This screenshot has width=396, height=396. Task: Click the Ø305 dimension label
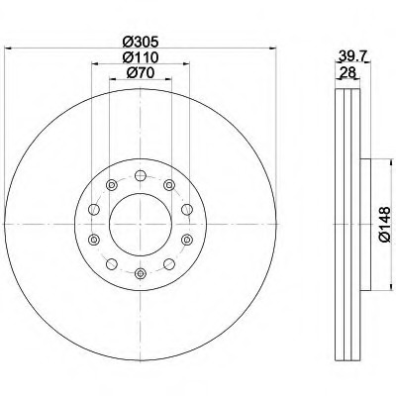click(x=141, y=42)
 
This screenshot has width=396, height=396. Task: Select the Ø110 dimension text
click(x=141, y=57)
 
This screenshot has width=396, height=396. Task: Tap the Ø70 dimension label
click(x=141, y=73)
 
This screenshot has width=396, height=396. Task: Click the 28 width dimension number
click(x=346, y=72)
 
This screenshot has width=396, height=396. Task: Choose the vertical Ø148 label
click(x=385, y=225)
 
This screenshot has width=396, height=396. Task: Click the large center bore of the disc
click(x=141, y=224)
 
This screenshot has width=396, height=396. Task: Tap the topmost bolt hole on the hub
click(x=141, y=175)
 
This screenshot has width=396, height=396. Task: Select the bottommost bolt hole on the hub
click(x=141, y=273)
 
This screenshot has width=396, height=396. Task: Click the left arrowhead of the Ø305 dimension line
click(x=8, y=49)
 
